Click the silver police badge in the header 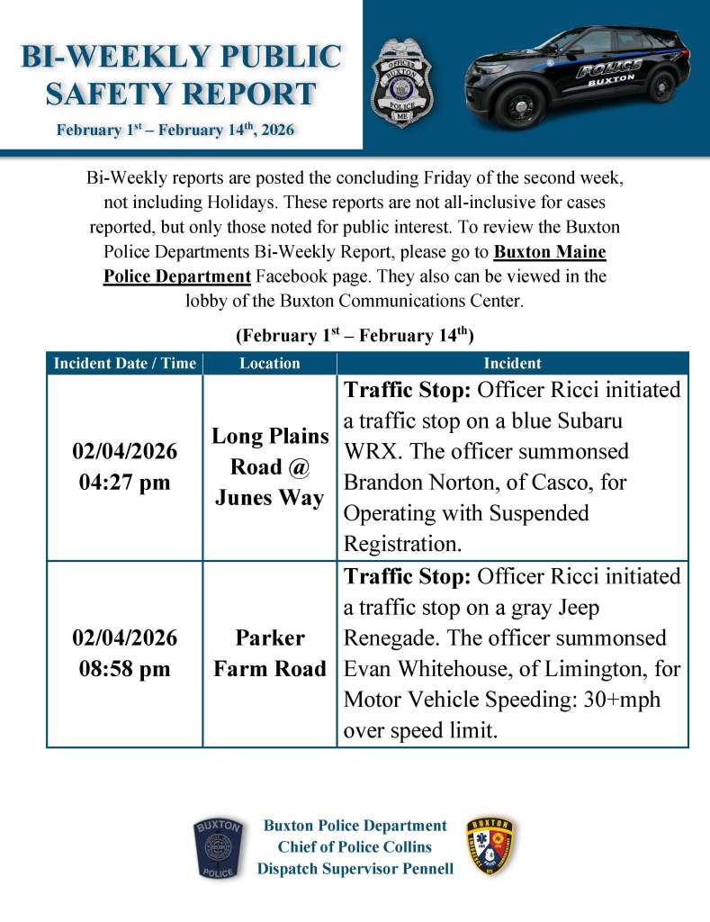coord(401,82)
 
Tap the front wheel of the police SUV coord(521,105)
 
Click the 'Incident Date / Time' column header coord(124,364)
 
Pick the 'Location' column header coord(270,364)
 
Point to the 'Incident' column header coord(512,364)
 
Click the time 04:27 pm coord(125,482)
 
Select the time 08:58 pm coord(125,669)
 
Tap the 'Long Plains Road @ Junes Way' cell coord(270,466)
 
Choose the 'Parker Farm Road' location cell coord(270,653)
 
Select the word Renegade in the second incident coord(387,638)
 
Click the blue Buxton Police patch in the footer coord(218,847)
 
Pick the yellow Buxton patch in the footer coord(490,847)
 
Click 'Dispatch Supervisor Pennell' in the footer coord(355,869)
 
